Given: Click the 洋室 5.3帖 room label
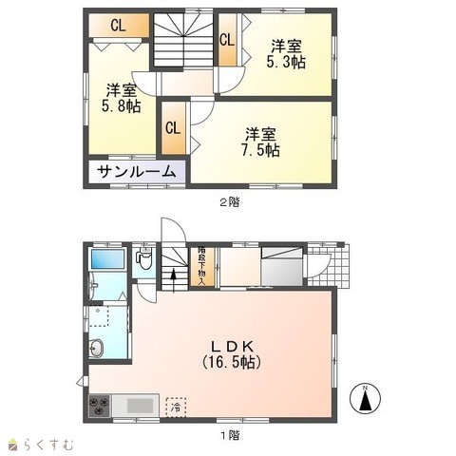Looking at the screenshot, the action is (x=286, y=54).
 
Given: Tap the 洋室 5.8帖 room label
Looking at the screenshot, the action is (x=122, y=98).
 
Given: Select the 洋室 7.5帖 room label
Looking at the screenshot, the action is (x=260, y=142).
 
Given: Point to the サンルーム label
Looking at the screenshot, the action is (x=137, y=172).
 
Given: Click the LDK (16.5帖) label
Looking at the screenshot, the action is (x=232, y=354).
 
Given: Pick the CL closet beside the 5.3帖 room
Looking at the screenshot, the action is (x=227, y=40).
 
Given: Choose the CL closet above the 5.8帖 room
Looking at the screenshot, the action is (x=119, y=26).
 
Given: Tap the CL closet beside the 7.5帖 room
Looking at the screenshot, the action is (x=173, y=128).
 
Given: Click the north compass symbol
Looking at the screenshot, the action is (x=365, y=398).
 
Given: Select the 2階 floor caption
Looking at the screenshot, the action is (x=230, y=202).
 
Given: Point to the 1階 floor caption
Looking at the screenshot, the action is (x=230, y=436).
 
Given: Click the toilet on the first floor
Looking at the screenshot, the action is (x=144, y=258).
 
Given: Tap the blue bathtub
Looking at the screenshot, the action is (x=107, y=259).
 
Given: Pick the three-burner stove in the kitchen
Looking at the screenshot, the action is (x=100, y=406).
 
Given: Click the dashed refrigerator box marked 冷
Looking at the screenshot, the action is (x=176, y=408).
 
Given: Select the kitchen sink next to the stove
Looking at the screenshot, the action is (x=136, y=406).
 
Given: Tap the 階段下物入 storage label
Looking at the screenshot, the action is (x=201, y=266).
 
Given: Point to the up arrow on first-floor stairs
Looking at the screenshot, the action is (x=173, y=280).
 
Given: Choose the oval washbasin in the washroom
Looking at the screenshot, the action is (x=96, y=349).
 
